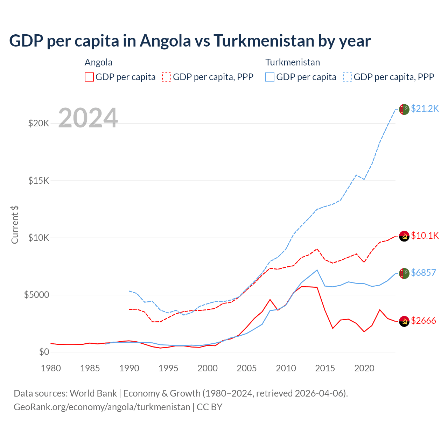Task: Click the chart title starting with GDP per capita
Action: [190, 41]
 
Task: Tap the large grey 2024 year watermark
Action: [88, 118]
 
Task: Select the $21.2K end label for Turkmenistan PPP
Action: [425, 108]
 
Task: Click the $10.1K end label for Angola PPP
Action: [425, 236]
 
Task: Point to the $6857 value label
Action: [423, 273]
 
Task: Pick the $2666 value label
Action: [423, 321]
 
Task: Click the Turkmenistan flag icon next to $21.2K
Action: [404, 109]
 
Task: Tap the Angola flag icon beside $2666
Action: [404, 321]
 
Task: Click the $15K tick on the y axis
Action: [39, 181]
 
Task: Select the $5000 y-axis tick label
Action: [37, 295]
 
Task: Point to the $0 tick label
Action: [44, 352]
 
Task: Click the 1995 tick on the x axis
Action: [168, 368]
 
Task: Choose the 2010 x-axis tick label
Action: [286, 368]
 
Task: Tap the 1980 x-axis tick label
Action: [51, 368]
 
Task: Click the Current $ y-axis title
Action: [15, 225]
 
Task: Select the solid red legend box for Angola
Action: [89, 77]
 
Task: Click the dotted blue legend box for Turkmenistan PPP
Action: [348, 77]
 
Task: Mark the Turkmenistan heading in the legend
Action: [293, 62]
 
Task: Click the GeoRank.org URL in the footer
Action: [102, 407]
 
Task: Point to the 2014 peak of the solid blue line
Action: [317, 270]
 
